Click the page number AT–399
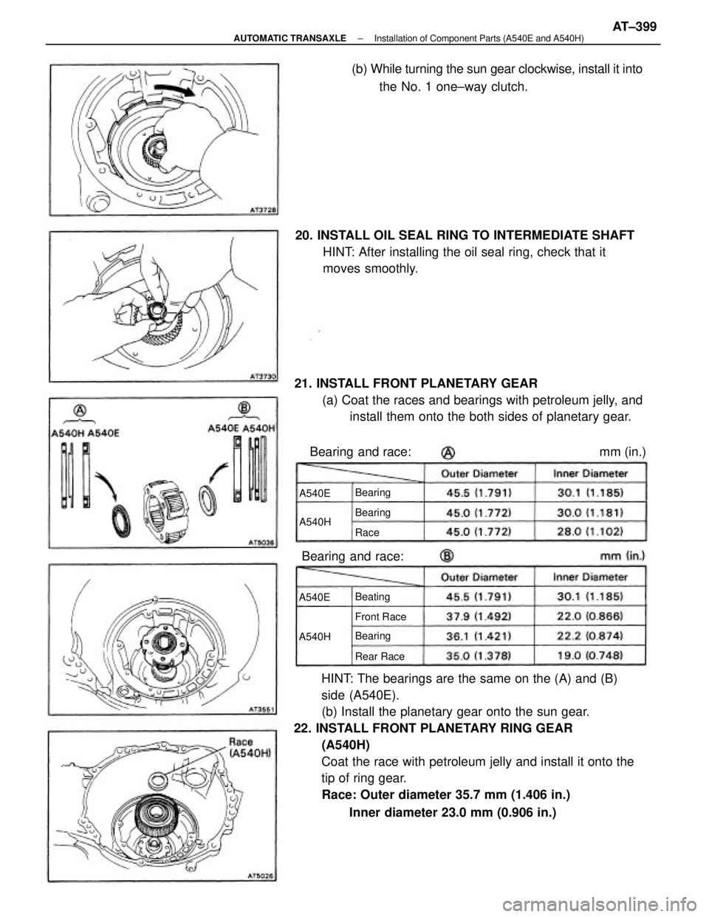click(634, 27)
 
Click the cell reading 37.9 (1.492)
click(479, 616)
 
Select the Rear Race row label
click(380, 656)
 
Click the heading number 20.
click(303, 235)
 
